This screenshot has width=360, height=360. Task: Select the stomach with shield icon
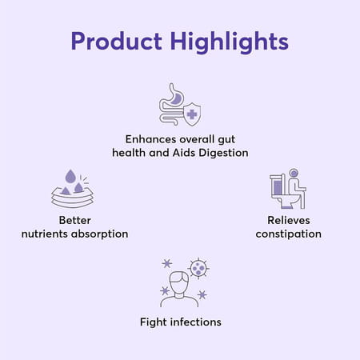pos(180,103)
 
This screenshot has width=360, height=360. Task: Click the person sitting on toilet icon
pos(287,189)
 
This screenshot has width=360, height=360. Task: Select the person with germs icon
pos(180,284)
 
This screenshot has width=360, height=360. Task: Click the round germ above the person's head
pos(198,268)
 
